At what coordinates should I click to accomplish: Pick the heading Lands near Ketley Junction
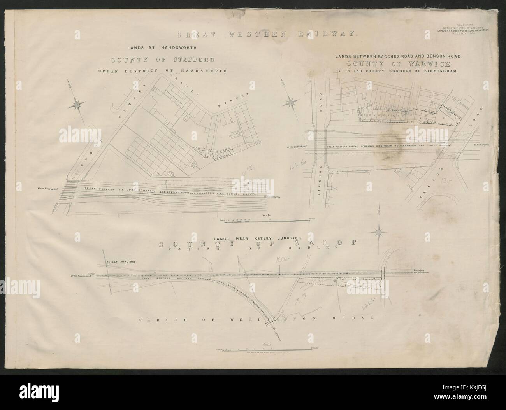click(x=257, y=237)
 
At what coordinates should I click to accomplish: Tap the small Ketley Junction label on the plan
click(x=121, y=262)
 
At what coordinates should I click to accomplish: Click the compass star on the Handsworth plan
click(x=77, y=104)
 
